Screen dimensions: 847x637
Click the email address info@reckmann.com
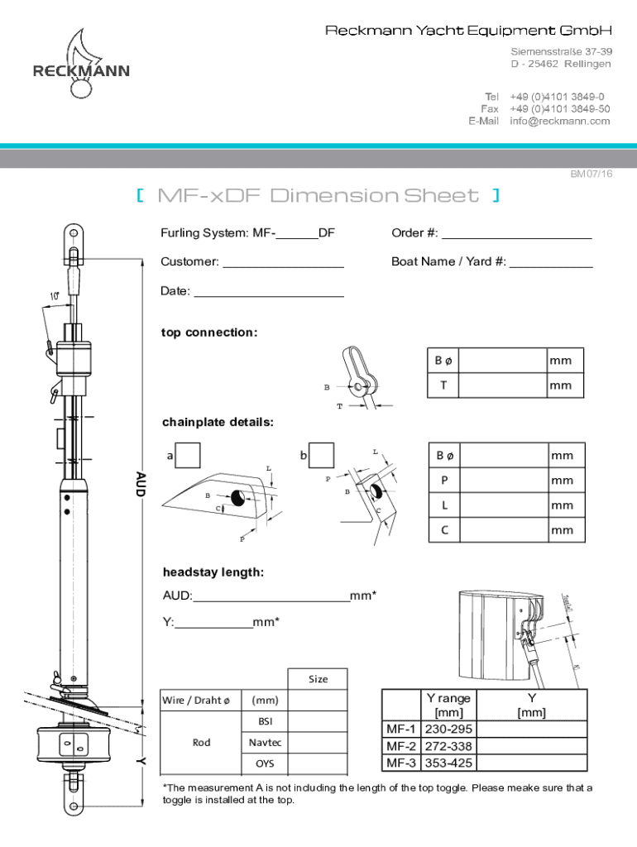pos(560,121)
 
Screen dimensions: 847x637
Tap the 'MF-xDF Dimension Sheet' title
pos(318,196)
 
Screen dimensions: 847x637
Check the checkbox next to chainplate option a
pos(189,455)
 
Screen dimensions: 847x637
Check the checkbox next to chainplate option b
pos(322,455)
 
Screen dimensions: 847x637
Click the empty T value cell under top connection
pos(502,385)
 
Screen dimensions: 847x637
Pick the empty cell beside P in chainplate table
pos(502,480)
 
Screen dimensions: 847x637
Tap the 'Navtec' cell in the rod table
pos(265,743)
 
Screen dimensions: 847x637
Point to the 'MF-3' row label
pos(401,763)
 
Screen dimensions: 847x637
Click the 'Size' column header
pos(318,679)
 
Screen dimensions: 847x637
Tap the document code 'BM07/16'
pos(591,175)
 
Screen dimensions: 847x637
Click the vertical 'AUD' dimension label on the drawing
pos(140,485)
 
